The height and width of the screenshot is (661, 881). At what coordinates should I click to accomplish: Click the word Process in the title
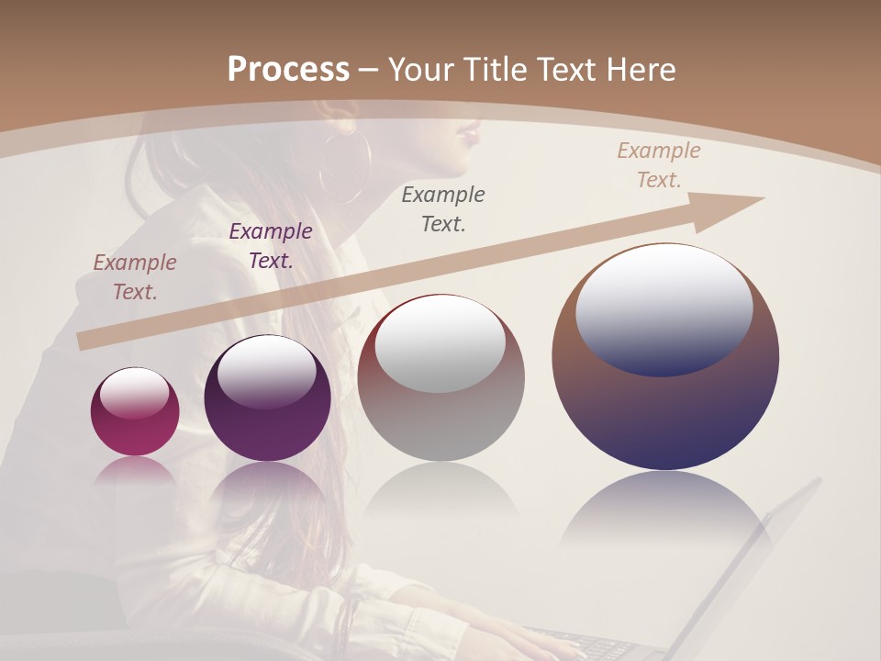coord(288,70)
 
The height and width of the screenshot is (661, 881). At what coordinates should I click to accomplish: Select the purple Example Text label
coord(271,246)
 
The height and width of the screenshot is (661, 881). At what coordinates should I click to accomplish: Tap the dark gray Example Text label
coord(443,208)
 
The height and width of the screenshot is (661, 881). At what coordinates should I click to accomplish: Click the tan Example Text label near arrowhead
coord(658,165)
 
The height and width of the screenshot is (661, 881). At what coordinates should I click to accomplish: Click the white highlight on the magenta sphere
coord(134,392)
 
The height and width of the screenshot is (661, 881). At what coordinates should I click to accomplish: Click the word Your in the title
coord(418,70)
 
